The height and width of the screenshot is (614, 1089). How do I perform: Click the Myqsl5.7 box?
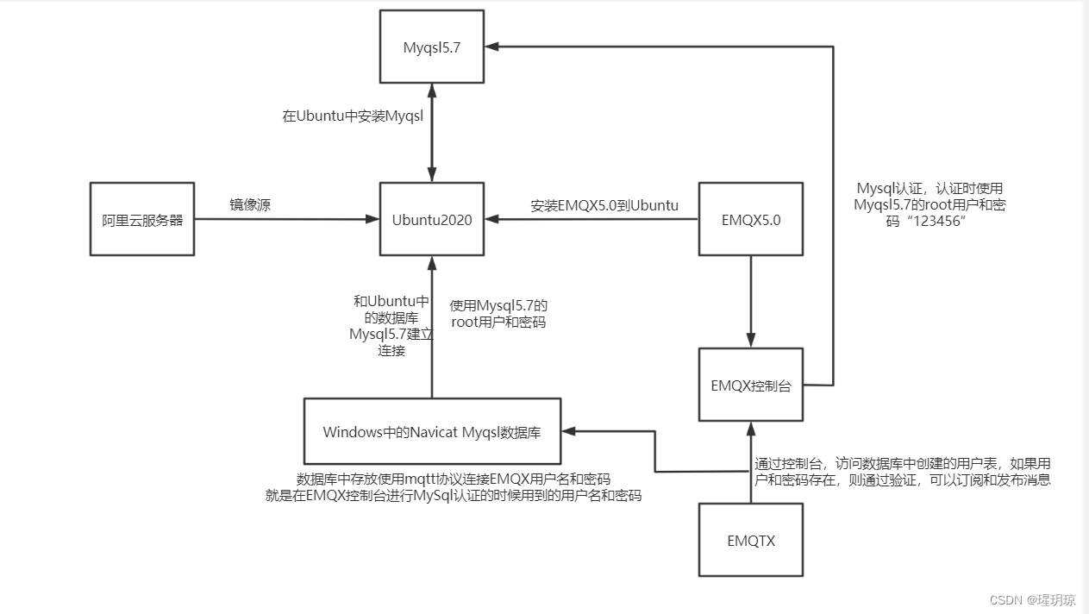coord(431,47)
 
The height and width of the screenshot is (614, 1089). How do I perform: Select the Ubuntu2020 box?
coord(431,219)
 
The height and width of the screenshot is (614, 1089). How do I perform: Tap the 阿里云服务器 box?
coord(142,219)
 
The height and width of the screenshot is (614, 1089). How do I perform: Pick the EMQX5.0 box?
coord(750,219)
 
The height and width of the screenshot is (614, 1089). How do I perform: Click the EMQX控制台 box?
coord(750,385)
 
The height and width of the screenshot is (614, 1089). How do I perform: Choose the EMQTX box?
coord(750,541)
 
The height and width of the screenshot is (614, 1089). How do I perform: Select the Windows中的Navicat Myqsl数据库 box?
coord(432,431)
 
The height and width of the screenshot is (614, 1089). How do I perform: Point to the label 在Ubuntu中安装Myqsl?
coord(353,116)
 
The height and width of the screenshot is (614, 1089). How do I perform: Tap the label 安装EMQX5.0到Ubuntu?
coord(604,205)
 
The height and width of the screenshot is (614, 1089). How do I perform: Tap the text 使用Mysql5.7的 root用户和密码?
coord(498,314)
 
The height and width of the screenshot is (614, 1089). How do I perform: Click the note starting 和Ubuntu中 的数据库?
coord(391,326)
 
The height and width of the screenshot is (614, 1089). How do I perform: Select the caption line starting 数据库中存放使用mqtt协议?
coord(454,479)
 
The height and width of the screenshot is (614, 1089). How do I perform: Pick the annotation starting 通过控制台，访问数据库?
coord(902,471)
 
